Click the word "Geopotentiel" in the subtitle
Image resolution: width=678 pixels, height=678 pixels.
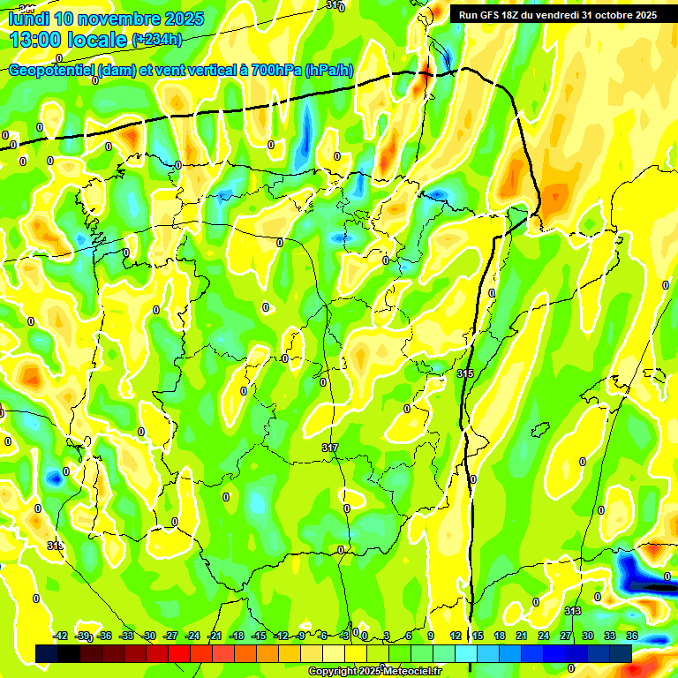[55, 71]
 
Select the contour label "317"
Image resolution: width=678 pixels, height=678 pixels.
[329, 448]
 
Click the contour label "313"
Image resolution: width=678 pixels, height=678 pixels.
[572, 611]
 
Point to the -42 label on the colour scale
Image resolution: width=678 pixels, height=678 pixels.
[60, 636]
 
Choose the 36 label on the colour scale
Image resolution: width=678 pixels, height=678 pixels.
[632, 636]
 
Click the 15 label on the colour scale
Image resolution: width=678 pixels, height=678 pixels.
[478, 636]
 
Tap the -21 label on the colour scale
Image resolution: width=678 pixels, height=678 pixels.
[215, 636]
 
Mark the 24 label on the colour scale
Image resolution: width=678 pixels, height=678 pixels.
[544, 636]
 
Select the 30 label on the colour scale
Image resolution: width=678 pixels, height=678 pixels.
[588, 636]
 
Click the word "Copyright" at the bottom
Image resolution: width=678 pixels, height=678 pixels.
[334, 672]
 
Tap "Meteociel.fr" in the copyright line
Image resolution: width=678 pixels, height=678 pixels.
[409, 672]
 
